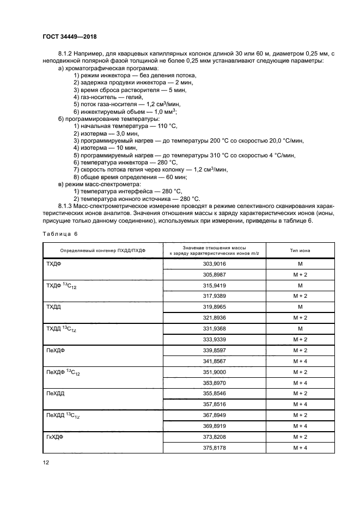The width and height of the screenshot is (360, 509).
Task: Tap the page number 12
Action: tap(46, 463)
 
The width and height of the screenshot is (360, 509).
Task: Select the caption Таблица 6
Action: tap(60, 233)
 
